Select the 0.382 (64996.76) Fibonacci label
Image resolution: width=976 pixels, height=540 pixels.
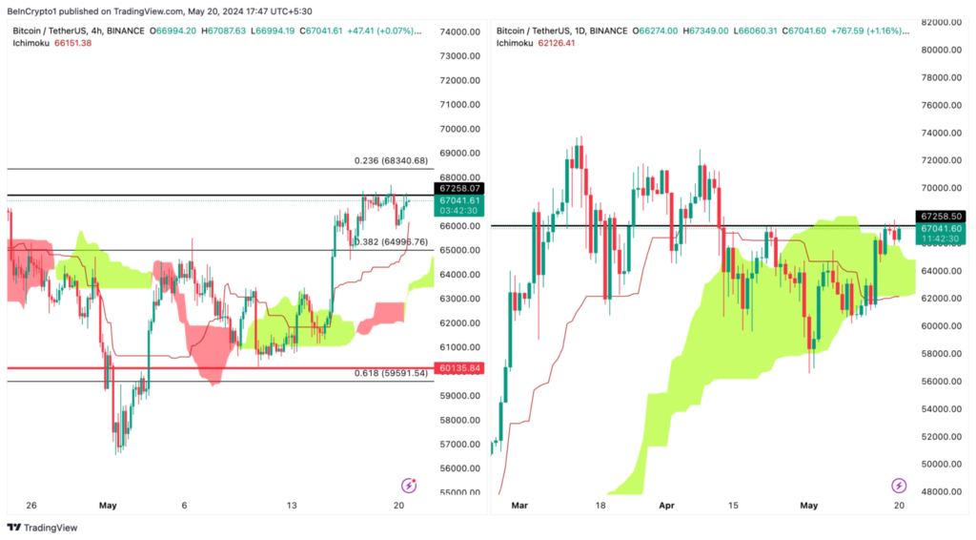[390, 242]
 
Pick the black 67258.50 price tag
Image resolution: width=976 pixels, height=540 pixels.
[940, 217]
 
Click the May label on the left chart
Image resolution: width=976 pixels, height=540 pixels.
[107, 505]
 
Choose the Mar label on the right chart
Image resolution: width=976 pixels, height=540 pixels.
[518, 505]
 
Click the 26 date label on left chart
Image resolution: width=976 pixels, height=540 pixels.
[31, 505]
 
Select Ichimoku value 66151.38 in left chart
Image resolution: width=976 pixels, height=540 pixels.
[72, 44]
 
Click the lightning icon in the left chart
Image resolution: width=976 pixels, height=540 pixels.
[409, 486]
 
